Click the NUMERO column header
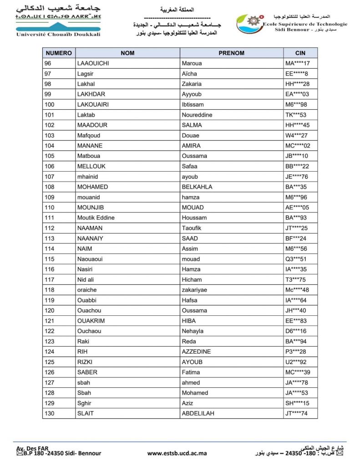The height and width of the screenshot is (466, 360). (x=58, y=53)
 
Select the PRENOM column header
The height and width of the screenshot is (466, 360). (x=231, y=53)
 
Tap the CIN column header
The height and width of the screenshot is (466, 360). (x=300, y=53)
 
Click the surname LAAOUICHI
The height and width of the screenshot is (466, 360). (x=93, y=63)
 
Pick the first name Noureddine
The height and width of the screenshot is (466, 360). (x=197, y=115)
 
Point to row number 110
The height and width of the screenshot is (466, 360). (x=49, y=208)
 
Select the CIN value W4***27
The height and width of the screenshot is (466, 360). (x=296, y=135)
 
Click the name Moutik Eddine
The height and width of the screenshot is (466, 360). (x=96, y=218)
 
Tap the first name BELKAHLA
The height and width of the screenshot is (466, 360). (x=197, y=187)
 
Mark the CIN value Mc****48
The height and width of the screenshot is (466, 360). (x=297, y=290)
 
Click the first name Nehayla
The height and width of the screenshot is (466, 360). (x=193, y=331)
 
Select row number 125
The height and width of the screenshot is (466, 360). (x=49, y=362)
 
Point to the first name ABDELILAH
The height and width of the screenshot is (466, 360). (x=198, y=413)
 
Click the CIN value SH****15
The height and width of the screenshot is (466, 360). (x=297, y=403)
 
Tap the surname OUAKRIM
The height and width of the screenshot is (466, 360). (x=90, y=321)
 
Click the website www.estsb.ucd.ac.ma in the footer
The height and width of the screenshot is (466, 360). (x=177, y=453)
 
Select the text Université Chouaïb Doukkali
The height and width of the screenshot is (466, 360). (x=58, y=34)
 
